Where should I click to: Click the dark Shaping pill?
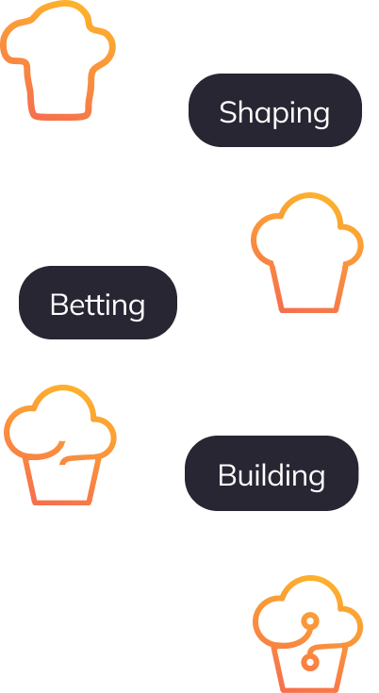pyautogui.click(x=275, y=110)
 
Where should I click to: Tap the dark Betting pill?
pyautogui.click(x=98, y=303)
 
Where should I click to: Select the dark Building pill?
pyautogui.click(x=272, y=473)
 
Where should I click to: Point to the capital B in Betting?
pyautogui.click(x=58, y=304)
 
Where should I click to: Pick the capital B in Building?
pyautogui.click(x=225, y=475)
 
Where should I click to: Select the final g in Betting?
pyautogui.click(x=139, y=308)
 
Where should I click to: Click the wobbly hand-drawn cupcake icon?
pyautogui.click(x=58, y=60)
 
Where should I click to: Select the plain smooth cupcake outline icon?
pyautogui.click(x=307, y=253)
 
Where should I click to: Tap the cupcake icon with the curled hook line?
pyautogui.click(x=60, y=445)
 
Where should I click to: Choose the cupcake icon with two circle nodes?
pyautogui.click(x=308, y=634)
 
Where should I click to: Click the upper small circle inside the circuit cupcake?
pyautogui.click(x=309, y=620)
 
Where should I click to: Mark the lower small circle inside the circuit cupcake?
pyautogui.click(x=309, y=662)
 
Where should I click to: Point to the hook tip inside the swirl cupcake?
pyautogui.click(x=62, y=442)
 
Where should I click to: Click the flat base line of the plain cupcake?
pyautogui.click(x=309, y=310)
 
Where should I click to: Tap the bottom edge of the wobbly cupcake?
pyautogui.click(x=60, y=117)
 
